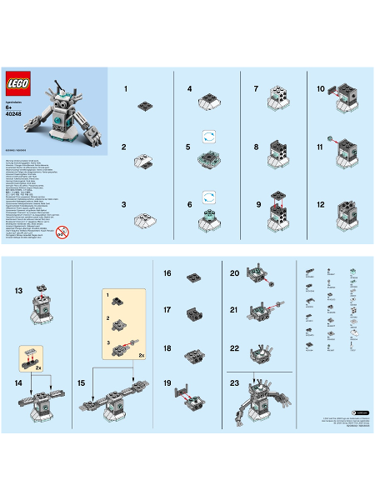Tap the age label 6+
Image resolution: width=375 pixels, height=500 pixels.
tap(10, 107)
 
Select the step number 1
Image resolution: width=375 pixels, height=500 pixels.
tap(125, 87)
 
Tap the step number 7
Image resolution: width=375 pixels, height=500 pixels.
tap(257, 87)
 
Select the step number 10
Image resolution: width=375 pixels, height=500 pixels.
tap(321, 87)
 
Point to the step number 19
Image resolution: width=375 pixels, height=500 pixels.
tap(167, 382)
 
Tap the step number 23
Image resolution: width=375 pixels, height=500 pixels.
tap(234, 382)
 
